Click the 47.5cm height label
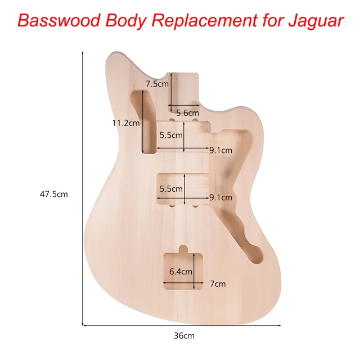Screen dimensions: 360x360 coord(53,194)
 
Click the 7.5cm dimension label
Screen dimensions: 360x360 coord(157,84)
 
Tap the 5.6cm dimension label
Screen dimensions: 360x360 coord(187,112)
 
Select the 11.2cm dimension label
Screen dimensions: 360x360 coord(125,123)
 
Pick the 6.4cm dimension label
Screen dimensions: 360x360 coord(181,271)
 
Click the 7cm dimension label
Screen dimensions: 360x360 coord(218,284)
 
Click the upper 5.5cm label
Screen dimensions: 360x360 coord(171,135)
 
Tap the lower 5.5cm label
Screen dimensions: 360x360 coord(171,189)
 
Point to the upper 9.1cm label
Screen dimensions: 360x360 coord(220,150)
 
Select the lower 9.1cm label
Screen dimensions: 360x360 coord(220,197)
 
